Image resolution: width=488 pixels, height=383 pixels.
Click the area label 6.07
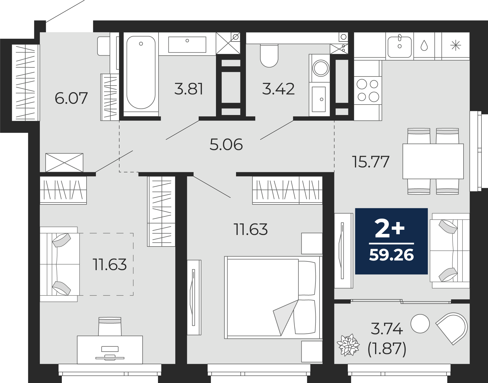[71, 98]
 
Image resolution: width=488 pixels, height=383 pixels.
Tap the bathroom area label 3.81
[189, 89]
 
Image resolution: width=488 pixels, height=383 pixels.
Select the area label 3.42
[278, 89]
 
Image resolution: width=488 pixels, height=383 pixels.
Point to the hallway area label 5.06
[226, 144]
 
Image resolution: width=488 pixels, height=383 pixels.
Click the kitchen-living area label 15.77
[371, 162]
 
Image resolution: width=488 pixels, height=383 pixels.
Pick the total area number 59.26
[391, 255]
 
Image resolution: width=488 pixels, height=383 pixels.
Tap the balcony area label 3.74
[387, 329]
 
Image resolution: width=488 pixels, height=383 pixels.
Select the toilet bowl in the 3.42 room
[269, 56]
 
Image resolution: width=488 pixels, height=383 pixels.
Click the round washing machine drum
[321, 68]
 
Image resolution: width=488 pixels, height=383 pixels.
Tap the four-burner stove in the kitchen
[368, 91]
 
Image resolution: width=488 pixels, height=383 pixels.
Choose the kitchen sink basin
[400, 47]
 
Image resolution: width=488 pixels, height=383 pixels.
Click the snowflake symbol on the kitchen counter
[456, 45]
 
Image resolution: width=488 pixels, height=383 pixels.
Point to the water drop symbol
[424, 45]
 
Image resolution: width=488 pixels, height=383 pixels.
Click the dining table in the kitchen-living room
[433, 161]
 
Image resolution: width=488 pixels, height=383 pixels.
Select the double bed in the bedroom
[273, 297]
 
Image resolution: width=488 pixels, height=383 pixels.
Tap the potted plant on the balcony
[348, 345]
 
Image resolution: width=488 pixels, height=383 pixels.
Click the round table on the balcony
[420, 324]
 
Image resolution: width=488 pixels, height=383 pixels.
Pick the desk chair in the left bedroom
[110, 326]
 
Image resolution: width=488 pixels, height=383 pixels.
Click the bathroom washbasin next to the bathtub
[187, 45]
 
